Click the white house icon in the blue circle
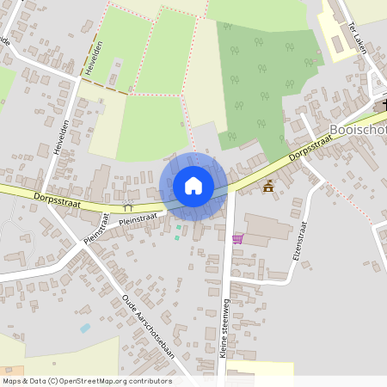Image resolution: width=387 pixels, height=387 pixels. [x=193, y=185]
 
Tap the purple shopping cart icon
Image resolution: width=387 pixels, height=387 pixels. [x=238, y=238]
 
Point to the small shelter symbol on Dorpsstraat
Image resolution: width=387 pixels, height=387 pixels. [x=129, y=206]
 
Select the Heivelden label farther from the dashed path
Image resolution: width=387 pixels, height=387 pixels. [x=59, y=137]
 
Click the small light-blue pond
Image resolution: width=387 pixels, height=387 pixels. [x=85, y=328]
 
